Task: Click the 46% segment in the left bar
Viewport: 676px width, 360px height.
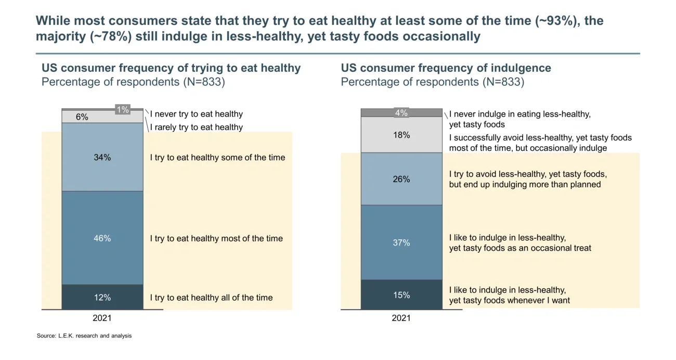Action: [x=102, y=238]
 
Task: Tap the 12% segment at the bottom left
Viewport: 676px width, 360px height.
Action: [x=102, y=297]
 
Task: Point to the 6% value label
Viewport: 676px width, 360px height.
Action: [x=82, y=117]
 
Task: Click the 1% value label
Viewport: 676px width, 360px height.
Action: [x=122, y=109]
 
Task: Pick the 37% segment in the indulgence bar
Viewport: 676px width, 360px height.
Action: [x=401, y=242]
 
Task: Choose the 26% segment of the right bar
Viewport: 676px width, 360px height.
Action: [x=401, y=179]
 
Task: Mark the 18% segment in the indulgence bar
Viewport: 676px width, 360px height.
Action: [x=401, y=135]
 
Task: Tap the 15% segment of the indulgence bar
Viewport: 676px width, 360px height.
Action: [x=401, y=294]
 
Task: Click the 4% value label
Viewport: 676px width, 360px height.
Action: [x=401, y=112]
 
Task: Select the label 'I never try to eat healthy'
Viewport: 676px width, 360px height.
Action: [x=197, y=114]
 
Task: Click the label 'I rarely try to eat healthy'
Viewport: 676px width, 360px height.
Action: [x=197, y=127]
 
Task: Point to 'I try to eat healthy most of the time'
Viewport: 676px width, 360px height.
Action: [x=216, y=238]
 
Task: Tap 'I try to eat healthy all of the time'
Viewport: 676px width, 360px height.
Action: [x=211, y=298]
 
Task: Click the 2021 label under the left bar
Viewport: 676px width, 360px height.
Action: [x=102, y=318]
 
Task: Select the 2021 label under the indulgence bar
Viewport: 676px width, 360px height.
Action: [x=401, y=318]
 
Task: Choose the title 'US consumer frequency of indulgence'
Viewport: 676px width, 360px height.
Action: [x=446, y=68]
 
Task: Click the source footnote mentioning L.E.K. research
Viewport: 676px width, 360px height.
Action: [x=84, y=336]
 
